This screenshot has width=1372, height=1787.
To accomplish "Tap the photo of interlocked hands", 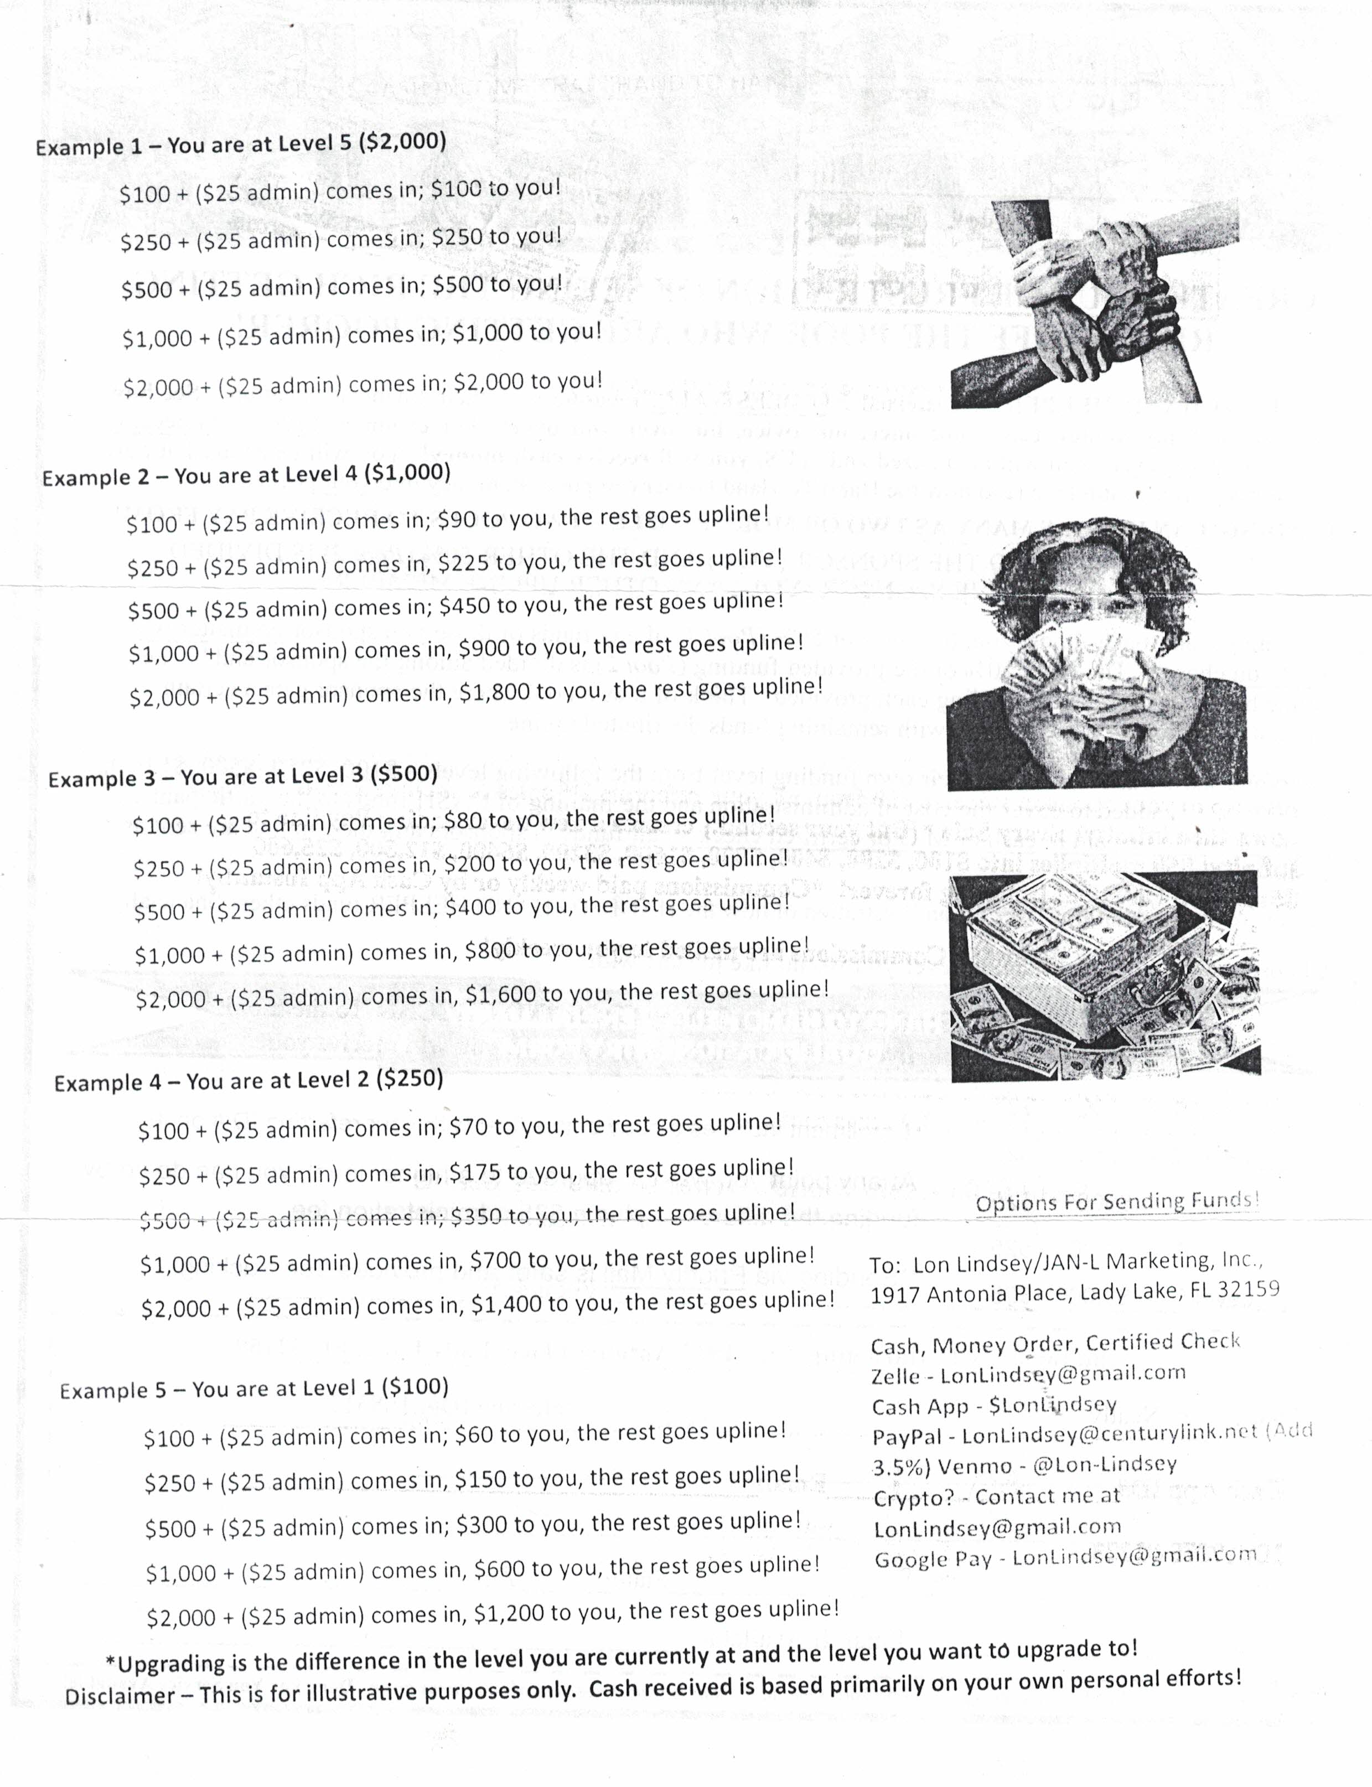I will click(1094, 302).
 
